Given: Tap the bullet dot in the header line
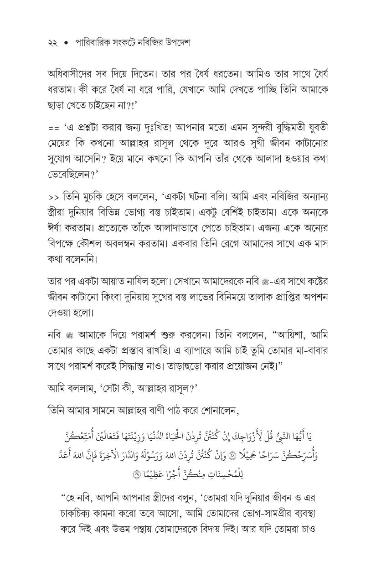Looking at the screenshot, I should point(67,44).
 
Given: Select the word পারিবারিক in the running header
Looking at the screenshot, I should point(93,43).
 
